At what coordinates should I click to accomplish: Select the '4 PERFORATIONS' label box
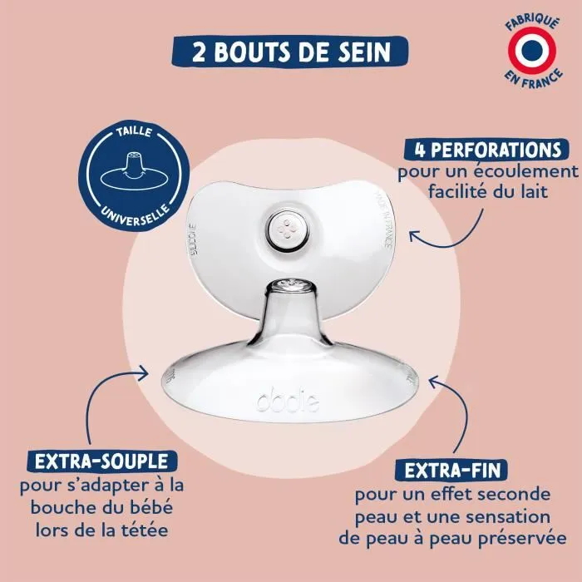click(x=483, y=150)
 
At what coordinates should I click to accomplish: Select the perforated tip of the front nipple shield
click(x=291, y=286)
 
